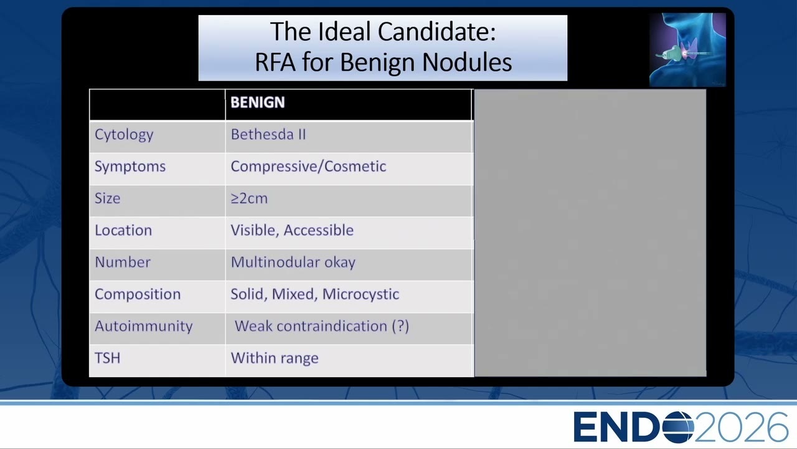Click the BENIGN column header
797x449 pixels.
pyautogui.click(x=258, y=102)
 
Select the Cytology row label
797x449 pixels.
pyautogui.click(x=124, y=135)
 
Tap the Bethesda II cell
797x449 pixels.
pyautogui.click(x=268, y=134)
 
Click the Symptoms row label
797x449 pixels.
pyautogui.click(x=130, y=167)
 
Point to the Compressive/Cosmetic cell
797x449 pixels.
pyautogui.click(x=308, y=167)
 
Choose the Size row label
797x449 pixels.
pyautogui.click(x=108, y=198)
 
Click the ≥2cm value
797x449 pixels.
pyautogui.click(x=249, y=198)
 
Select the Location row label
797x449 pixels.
pyautogui.click(x=123, y=230)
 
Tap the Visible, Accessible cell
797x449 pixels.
pyautogui.click(x=292, y=230)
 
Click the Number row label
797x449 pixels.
pyautogui.click(x=123, y=263)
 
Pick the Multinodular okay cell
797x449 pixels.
pyautogui.click(x=293, y=263)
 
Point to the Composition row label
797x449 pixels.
pyautogui.click(x=138, y=295)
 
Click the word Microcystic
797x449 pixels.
pyautogui.click(x=361, y=295)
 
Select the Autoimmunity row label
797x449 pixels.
pyautogui.click(x=144, y=326)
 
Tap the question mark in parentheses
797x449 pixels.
pyautogui.click(x=400, y=326)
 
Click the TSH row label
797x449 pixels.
pyautogui.click(x=108, y=358)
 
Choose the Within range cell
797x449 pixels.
pyautogui.click(x=275, y=359)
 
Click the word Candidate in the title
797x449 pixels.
pyautogui.click(x=436, y=32)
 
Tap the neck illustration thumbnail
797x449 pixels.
pyautogui.click(x=687, y=50)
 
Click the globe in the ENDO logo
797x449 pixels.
pyautogui.click(x=679, y=427)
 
